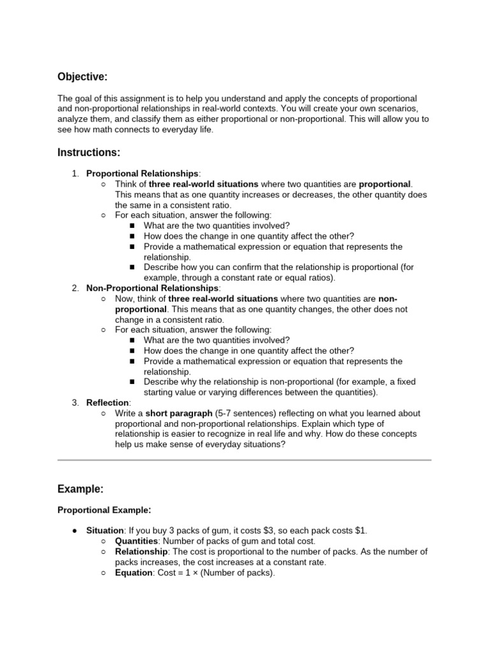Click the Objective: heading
82,77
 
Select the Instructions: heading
89,153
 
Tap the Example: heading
80,489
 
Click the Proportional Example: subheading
104,510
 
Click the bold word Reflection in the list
108,402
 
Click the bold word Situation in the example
104,530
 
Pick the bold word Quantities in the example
136,541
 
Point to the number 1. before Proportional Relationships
75,174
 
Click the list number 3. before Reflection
75,402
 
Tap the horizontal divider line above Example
244,460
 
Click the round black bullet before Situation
75,531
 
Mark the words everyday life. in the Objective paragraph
191,129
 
